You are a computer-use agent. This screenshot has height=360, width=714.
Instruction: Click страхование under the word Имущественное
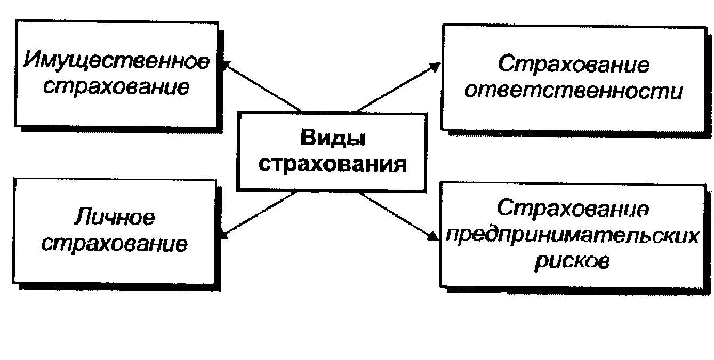click(116, 86)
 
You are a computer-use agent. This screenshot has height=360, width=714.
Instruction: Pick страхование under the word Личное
click(115, 244)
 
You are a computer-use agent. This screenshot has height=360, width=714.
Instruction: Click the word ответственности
click(573, 91)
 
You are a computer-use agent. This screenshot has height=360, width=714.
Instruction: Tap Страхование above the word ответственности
click(574, 65)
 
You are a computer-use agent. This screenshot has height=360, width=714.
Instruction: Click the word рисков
click(572, 261)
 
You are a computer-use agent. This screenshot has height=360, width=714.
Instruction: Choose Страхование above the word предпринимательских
click(574, 209)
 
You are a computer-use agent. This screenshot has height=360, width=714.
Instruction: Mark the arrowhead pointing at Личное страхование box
click(224, 234)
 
